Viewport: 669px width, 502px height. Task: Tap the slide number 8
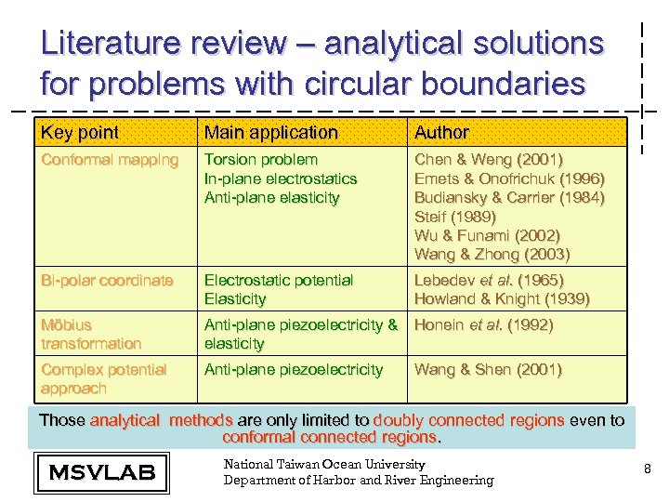[647, 471]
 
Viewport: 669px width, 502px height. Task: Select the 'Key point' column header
[80, 133]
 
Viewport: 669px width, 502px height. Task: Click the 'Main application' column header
[270, 133]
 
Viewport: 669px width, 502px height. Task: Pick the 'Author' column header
[441, 133]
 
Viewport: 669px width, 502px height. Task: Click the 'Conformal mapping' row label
[110, 160]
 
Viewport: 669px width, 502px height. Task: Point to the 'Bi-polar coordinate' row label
[107, 280]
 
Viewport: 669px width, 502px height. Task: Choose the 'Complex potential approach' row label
[103, 378]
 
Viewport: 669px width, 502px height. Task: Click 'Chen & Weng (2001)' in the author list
[489, 160]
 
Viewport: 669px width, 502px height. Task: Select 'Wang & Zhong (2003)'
[492, 254]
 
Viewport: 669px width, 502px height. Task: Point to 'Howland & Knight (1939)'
[502, 298]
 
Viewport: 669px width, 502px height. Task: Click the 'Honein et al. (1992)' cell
[483, 324]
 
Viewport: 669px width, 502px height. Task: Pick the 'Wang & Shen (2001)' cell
[488, 370]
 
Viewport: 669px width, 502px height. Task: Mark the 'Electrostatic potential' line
[279, 280]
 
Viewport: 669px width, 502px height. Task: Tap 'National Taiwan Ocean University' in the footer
[324, 464]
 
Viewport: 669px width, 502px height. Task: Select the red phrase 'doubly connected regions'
[468, 420]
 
